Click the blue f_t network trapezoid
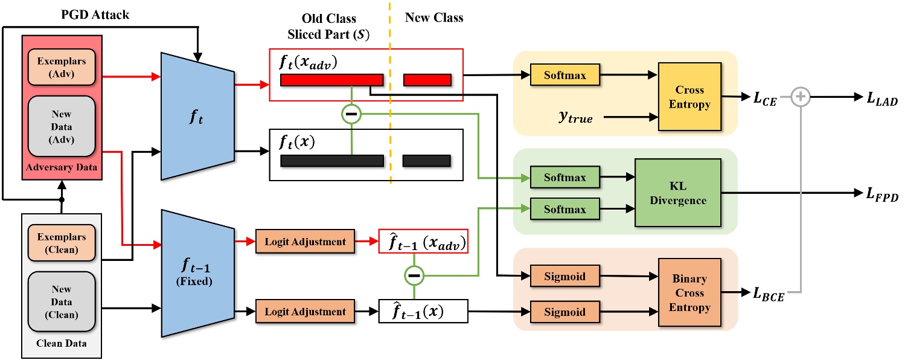[x=197, y=115]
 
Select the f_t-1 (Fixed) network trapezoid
[x=197, y=272]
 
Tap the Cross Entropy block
[x=689, y=97]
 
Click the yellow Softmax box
[x=565, y=76]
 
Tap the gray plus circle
[x=800, y=96]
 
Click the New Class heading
[x=434, y=18]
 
